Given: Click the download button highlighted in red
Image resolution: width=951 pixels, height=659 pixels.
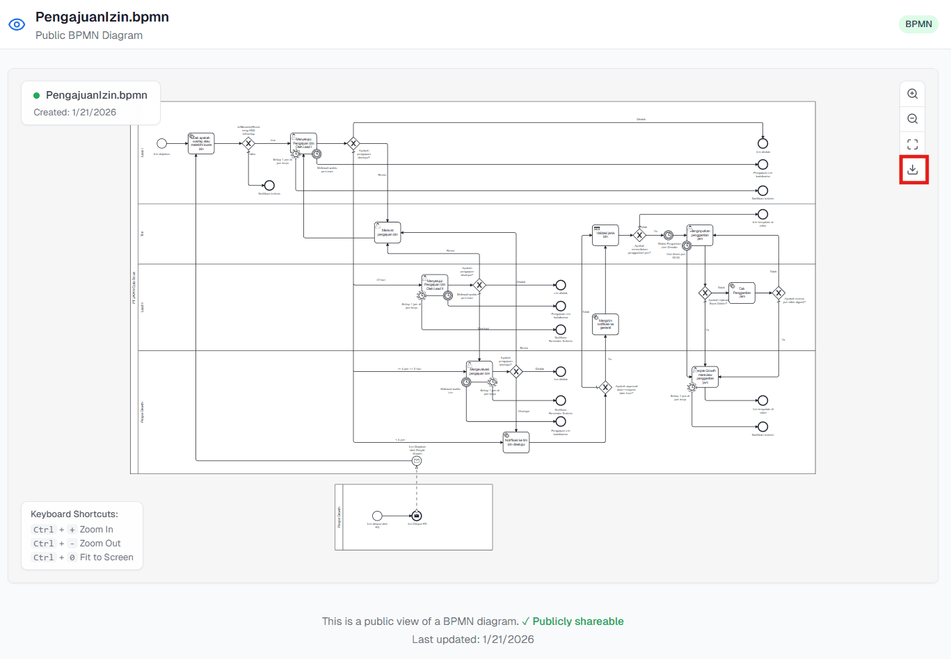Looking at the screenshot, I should pyautogui.click(x=913, y=170).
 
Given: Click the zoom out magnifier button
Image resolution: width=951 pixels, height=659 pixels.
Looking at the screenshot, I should pyautogui.click(x=913, y=119).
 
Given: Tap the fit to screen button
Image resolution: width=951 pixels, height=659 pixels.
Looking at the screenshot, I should pyautogui.click(x=913, y=145).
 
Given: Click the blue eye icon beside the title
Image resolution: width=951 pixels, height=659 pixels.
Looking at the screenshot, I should pyautogui.click(x=17, y=24).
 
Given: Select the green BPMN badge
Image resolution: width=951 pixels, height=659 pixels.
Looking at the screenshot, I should pyautogui.click(x=918, y=24).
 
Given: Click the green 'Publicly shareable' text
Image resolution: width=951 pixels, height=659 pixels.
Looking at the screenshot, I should pyautogui.click(x=577, y=621).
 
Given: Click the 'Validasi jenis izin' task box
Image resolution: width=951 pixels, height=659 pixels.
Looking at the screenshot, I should pyautogui.click(x=605, y=235).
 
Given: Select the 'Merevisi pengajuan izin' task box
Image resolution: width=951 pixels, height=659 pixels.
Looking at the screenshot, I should pyautogui.click(x=387, y=232).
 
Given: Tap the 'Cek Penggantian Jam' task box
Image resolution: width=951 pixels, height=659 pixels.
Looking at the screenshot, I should pyautogui.click(x=742, y=293).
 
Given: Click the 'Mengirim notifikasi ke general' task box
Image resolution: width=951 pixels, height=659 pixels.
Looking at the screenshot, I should pyautogui.click(x=605, y=324).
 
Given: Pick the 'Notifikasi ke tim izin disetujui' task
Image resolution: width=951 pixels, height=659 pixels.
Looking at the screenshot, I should pyautogui.click(x=516, y=442).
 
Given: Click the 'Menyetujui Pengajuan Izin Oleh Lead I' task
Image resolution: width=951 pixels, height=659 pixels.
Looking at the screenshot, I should pyautogui.click(x=303, y=143).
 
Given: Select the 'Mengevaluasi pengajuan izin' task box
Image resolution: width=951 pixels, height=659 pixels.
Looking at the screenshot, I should pyautogui.click(x=479, y=371).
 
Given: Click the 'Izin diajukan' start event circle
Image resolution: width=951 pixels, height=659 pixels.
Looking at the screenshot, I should pyautogui.click(x=161, y=143).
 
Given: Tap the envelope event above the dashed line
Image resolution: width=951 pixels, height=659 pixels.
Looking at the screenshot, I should pyautogui.click(x=417, y=461).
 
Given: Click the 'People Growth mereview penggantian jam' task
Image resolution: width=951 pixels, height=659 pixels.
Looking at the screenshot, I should pyautogui.click(x=705, y=377).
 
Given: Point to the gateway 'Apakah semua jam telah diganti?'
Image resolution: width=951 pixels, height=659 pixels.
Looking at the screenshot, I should pyautogui.click(x=778, y=293).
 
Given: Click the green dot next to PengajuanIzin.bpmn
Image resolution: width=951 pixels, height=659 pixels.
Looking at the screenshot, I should pyautogui.click(x=37, y=95).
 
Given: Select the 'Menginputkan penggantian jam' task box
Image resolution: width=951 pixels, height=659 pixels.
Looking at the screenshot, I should pyautogui.click(x=700, y=235).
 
